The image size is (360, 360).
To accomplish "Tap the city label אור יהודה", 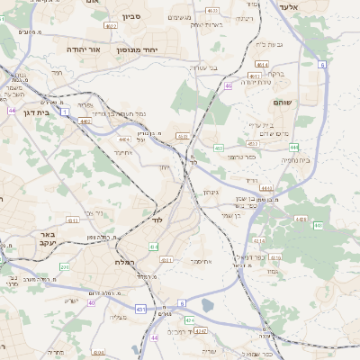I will pyautogui.click(x=82, y=49).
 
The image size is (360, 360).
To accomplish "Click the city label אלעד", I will pyautogui.click(x=313, y=7).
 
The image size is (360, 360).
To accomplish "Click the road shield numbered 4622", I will pyautogui.click(x=112, y=26).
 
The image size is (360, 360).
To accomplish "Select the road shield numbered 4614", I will pyautogui.click(x=261, y=64).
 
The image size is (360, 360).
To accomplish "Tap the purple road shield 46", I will pyautogui.click(x=229, y=86).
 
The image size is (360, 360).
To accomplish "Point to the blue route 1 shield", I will pyautogui.click(x=66, y=111).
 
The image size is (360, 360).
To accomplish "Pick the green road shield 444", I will pyautogui.click(x=294, y=146).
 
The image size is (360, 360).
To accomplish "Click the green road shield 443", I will pyautogui.click(x=218, y=147).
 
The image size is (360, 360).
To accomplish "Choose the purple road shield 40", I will pyautogui.click(x=93, y=302).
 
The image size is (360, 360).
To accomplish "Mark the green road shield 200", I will pyautogui.click(x=64, y=266).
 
